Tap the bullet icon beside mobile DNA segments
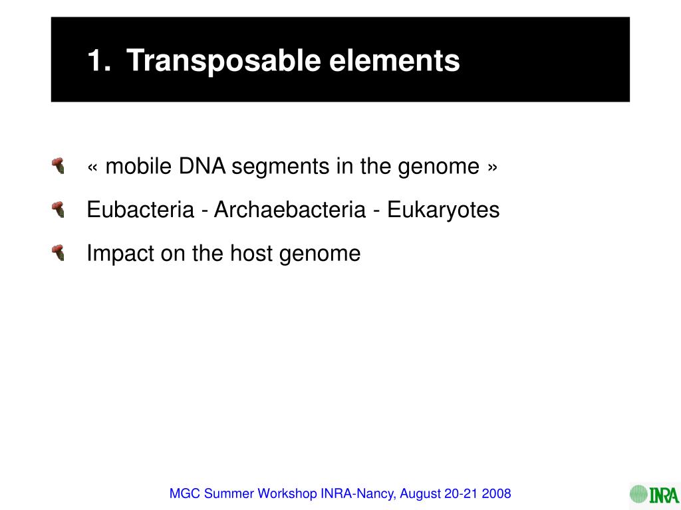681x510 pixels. (x=59, y=165)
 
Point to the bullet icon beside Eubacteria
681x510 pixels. (x=59, y=210)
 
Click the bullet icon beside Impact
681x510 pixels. (x=59, y=252)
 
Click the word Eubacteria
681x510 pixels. (x=140, y=210)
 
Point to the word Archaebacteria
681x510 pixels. (x=289, y=210)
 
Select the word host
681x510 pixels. (x=251, y=253)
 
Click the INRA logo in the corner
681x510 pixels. (x=654, y=494)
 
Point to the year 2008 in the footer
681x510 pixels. (x=497, y=493)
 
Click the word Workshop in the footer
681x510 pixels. (x=288, y=494)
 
